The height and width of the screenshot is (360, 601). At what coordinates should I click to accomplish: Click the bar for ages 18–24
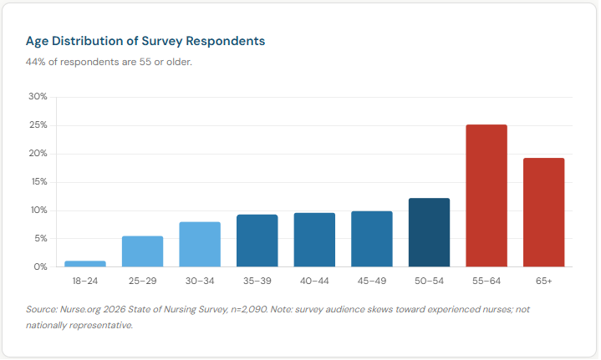[x=85, y=264]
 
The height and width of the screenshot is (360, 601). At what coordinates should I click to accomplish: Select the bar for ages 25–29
[x=142, y=251]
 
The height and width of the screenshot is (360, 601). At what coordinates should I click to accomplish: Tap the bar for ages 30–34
[x=200, y=245]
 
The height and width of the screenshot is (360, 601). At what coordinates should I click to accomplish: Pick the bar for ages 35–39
[x=257, y=241]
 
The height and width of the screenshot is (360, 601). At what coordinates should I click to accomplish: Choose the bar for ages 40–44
[x=314, y=240]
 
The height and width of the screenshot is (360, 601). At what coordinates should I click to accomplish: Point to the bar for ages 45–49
[x=372, y=239]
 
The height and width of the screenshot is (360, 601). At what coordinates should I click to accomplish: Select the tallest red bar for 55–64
[x=486, y=195]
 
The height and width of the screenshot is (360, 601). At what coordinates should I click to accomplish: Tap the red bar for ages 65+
[x=543, y=212]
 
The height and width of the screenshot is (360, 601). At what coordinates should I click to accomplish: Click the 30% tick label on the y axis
[x=38, y=97]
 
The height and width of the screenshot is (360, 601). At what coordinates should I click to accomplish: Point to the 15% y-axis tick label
[x=38, y=182]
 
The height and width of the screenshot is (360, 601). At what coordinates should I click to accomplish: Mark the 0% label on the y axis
[x=40, y=267]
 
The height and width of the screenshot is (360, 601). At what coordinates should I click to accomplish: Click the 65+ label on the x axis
[x=543, y=281]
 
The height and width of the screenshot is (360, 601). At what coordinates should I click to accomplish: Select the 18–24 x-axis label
[x=85, y=281]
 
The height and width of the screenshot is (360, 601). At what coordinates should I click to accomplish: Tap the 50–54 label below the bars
[x=429, y=281]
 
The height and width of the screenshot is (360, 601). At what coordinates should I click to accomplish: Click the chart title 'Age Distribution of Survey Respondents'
[x=145, y=40]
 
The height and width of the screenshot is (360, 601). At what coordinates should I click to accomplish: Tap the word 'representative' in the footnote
[x=104, y=325]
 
